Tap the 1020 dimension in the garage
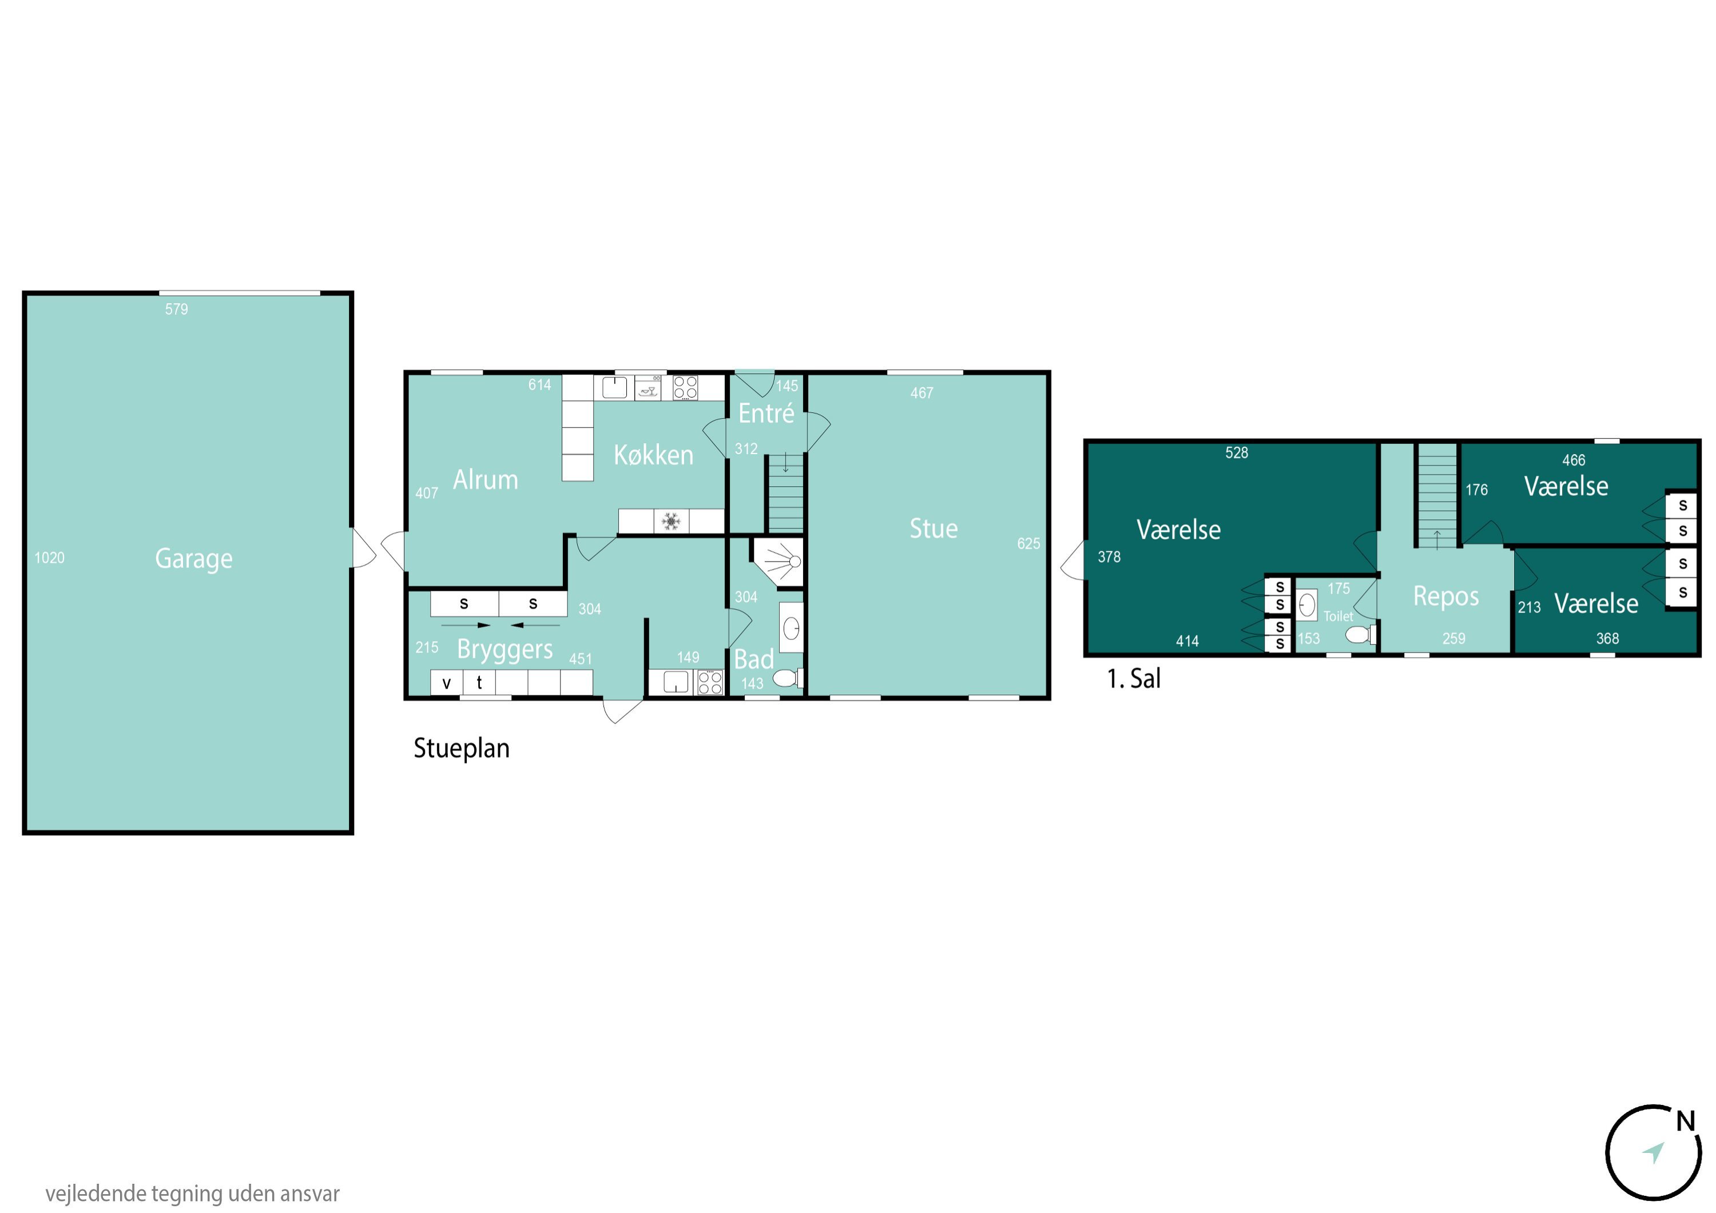coord(49,558)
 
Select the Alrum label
coord(486,480)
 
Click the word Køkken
coord(653,455)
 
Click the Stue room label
coord(934,528)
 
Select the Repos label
coord(1446,596)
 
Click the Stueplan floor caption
coord(462,748)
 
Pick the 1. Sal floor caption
coord(1134,679)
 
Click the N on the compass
coord(1685,1121)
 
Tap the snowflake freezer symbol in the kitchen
coord(671,521)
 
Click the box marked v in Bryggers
coord(447,682)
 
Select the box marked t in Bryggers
coord(479,682)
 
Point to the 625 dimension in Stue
coord(1028,543)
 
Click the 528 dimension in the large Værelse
coord(1237,452)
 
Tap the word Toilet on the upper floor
coord(1338,616)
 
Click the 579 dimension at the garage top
coord(176,309)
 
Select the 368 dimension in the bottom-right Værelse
coord(1608,638)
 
